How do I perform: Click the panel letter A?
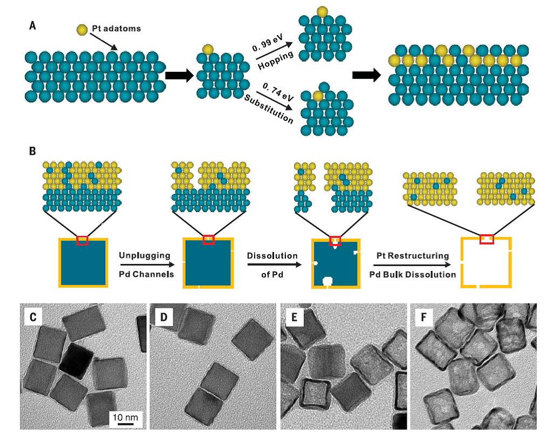33,25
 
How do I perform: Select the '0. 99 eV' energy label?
268,43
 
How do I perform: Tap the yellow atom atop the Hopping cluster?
322,11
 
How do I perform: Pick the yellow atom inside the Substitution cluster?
318,96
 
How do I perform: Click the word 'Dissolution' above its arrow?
272,255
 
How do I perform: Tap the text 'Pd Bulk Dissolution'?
413,275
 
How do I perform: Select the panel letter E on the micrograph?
294,317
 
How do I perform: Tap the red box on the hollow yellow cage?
487,239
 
